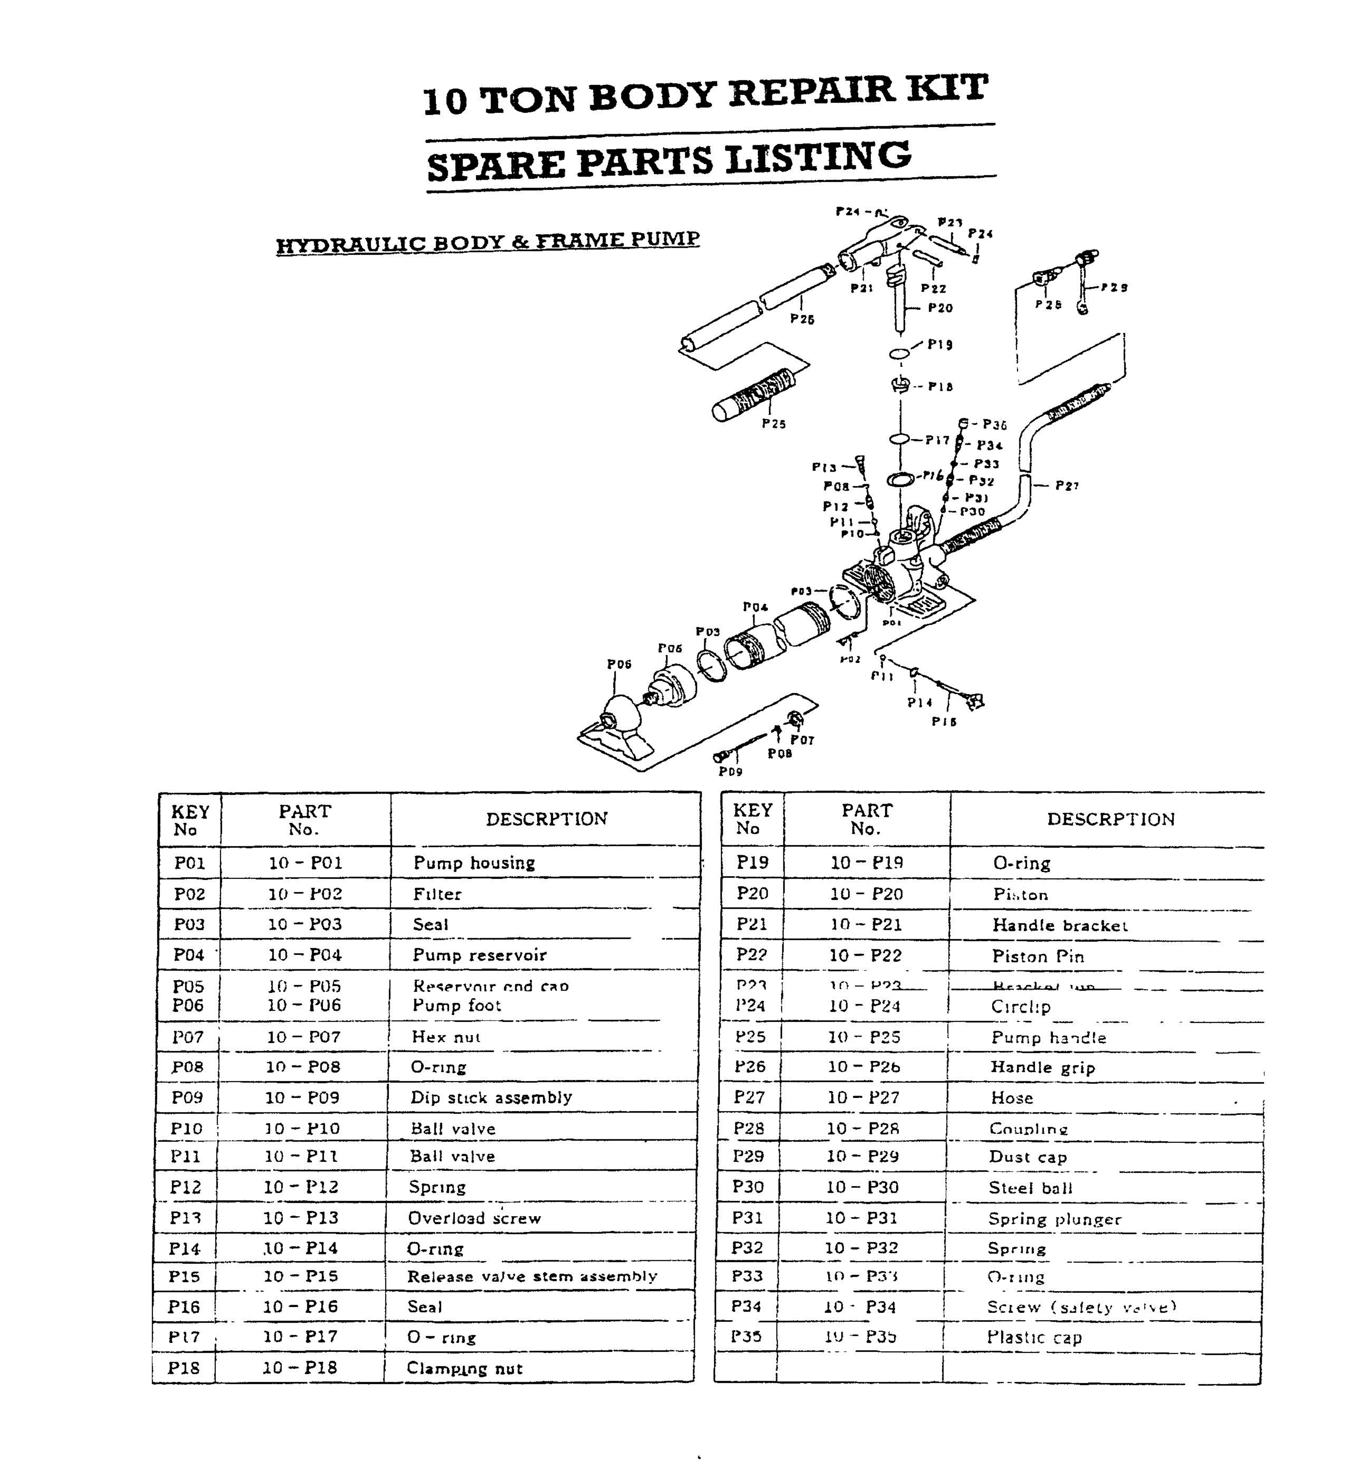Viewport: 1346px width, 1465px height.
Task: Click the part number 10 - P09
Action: click(x=303, y=1097)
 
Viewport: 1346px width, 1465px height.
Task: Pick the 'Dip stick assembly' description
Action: click(x=491, y=1097)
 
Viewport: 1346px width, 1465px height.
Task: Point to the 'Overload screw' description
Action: click(x=474, y=1218)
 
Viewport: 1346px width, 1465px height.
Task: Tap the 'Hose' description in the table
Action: click(x=1012, y=1098)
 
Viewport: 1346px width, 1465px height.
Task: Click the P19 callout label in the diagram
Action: click(x=940, y=345)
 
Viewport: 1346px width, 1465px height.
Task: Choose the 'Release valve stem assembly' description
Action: click(x=532, y=1276)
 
